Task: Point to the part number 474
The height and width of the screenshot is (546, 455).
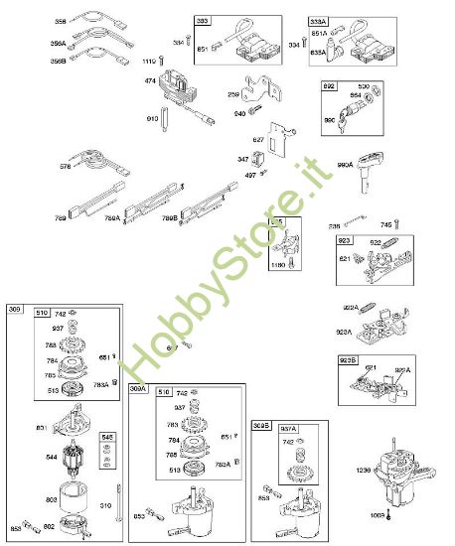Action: pos(151,80)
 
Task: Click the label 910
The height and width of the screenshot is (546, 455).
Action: pos(152,118)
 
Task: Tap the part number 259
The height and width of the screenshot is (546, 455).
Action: pos(231,93)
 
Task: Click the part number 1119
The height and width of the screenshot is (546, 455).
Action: pos(150,62)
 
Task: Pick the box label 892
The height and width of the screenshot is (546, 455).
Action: pos(328,87)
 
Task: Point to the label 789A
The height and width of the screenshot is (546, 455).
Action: pos(112,216)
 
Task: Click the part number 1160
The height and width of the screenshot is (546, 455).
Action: pos(277,264)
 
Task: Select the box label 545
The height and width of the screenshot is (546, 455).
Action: pos(108,437)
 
